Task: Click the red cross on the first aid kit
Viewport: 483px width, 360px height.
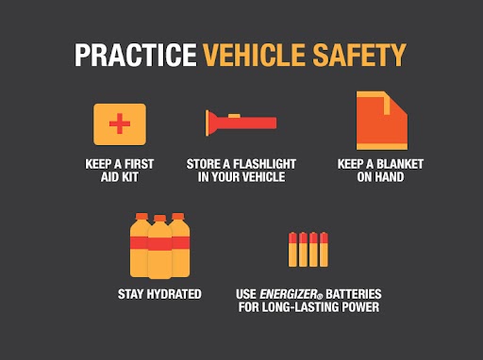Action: (x=119, y=124)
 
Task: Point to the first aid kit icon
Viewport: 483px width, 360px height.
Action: (x=119, y=123)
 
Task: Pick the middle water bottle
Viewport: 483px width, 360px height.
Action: (x=160, y=246)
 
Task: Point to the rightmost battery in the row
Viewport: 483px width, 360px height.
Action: (x=327, y=248)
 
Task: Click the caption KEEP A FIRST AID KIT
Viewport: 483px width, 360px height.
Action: (x=119, y=170)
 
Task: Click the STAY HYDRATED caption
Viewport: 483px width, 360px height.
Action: (x=159, y=294)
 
